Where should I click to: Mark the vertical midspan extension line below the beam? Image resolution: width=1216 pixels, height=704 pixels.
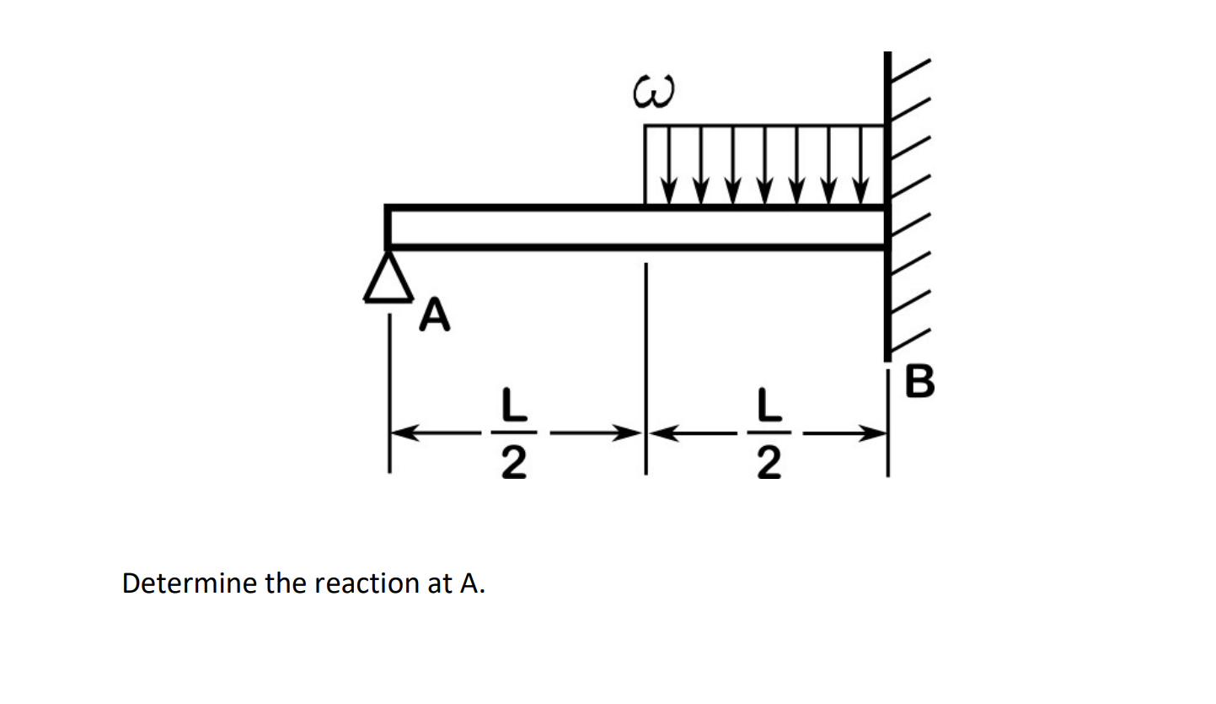pos(645,337)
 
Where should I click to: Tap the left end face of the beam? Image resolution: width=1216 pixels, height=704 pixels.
pos(388,227)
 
